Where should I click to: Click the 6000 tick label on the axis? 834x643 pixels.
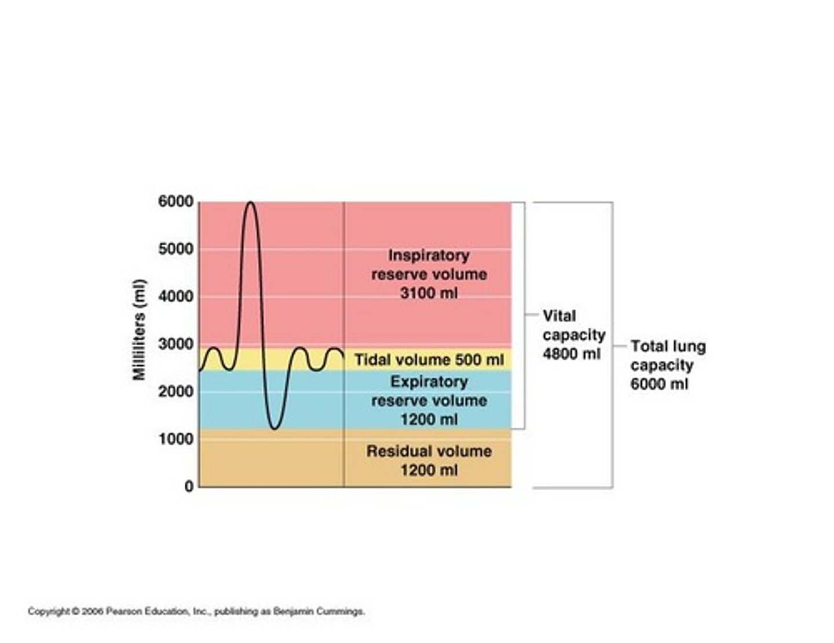tap(175, 202)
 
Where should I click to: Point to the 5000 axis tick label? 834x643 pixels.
tap(175, 249)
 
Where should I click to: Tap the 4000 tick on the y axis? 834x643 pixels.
tap(175, 297)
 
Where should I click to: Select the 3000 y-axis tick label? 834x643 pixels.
tap(175, 344)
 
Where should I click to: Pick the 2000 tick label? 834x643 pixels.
tap(175, 392)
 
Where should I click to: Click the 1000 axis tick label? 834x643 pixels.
tap(175, 439)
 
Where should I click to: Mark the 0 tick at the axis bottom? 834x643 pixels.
tap(189, 487)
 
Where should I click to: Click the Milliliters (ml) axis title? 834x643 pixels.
tap(139, 330)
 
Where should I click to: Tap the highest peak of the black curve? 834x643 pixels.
tap(250, 203)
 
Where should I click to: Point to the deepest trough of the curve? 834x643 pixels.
tap(275, 428)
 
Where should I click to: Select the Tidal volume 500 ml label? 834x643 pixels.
tap(429, 360)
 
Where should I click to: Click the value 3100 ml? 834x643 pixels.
tap(429, 293)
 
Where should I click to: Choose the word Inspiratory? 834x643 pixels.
tap(429, 255)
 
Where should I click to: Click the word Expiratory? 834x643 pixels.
tap(429, 382)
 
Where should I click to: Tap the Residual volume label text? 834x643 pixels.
tap(429, 451)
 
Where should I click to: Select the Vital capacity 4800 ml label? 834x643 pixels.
tap(573, 335)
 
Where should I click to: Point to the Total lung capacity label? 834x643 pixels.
tap(668, 356)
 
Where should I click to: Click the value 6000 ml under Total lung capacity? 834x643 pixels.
tap(659, 384)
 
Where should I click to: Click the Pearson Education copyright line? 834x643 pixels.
tap(196, 611)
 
